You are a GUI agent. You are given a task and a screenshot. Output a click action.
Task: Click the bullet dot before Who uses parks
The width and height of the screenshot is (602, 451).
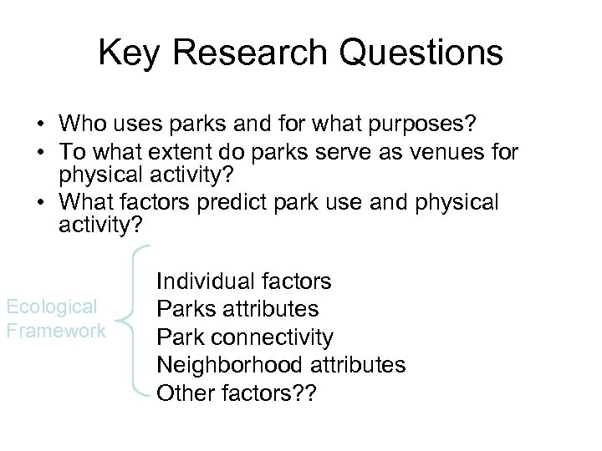pos(40,125)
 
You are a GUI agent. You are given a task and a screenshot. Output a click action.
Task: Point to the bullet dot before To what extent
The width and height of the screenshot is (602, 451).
pos(40,152)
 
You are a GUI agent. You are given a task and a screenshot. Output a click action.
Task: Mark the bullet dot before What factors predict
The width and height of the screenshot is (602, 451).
pos(40,203)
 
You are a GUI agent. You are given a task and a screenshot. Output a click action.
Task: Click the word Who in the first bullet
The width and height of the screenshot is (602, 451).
pos(80,124)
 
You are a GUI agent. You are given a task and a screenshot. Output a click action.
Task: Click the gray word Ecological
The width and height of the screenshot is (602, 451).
pos(52,307)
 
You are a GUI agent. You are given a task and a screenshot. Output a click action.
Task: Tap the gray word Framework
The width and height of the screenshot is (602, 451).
pos(55,330)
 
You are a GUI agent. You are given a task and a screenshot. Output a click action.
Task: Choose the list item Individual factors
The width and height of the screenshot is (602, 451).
pos(243,281)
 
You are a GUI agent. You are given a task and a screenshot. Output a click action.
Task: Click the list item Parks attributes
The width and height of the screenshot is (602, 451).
pos(237,309)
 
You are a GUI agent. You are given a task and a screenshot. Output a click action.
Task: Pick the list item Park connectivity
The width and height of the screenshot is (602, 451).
pos(245,337)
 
